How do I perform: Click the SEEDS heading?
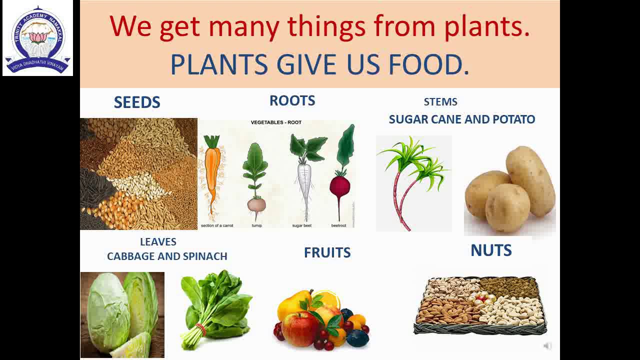137,102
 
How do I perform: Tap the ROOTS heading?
292,100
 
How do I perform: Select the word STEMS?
440,102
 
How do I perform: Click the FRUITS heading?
327,252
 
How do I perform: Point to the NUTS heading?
491,250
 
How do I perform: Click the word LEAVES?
158,242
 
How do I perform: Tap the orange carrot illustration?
213,172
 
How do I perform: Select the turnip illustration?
256,200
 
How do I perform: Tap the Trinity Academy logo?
37,39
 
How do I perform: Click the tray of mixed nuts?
480,305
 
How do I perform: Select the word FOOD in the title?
428,64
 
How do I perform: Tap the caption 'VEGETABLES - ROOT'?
276,122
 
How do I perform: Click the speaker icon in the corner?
547,346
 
